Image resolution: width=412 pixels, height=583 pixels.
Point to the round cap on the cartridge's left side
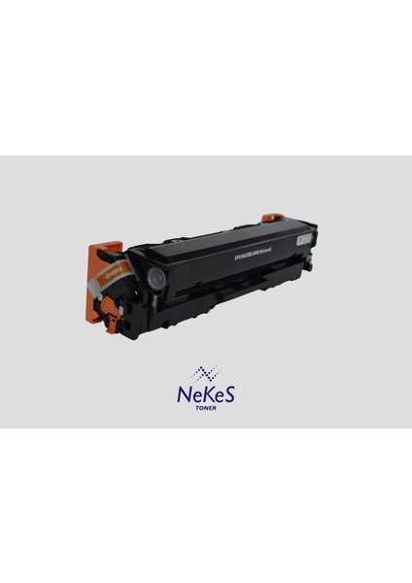click(153, 277)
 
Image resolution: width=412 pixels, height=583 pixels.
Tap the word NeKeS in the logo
click(206, 394)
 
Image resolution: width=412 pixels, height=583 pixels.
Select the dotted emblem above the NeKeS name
click(206, 374)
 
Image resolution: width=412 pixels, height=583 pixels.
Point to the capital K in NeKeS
click(206, 394)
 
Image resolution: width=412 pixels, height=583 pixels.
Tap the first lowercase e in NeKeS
click(195, 396)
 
